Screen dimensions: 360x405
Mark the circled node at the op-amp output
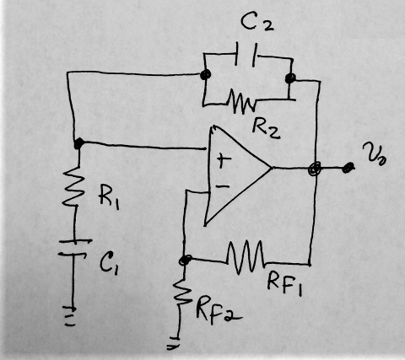point(315,169)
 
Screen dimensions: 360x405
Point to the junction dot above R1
point(78,143)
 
